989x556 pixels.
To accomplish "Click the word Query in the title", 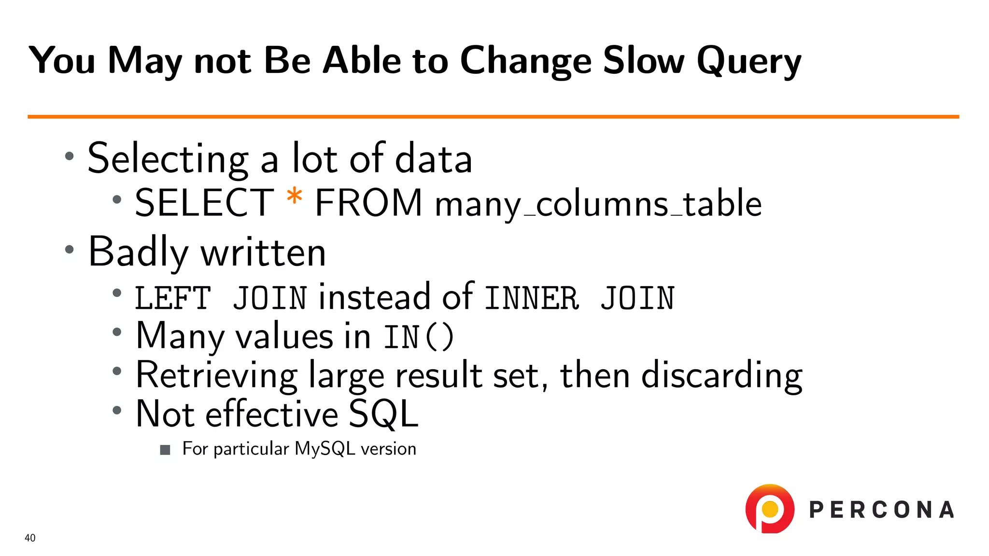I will tap(749, 62).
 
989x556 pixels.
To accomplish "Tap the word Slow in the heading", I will tap(643, 61).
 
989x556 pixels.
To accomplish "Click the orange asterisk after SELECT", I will tap(294, 198).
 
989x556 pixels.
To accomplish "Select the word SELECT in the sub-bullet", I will tap(204, 203).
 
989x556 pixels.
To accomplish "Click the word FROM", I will tap(368, 203).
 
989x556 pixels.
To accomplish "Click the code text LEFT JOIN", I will tap(221, 298).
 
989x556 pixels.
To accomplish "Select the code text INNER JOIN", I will tap(579, 298).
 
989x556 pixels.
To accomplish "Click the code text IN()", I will tap(419, 337).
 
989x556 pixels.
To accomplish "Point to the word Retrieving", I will tap(216, 375).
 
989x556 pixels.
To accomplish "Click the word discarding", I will tap(721, 375).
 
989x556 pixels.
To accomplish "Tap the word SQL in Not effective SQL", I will tap(382, 414).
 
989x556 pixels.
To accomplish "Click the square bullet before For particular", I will tap(165, 450).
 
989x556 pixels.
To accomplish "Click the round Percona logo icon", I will tap(770, 509).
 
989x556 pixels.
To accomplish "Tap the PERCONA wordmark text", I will tap(881, 510).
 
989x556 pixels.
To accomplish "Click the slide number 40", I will tap(30, 538).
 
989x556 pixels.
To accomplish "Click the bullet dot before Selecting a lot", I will tap(70, 156).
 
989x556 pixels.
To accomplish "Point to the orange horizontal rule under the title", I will tap(493, 116).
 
